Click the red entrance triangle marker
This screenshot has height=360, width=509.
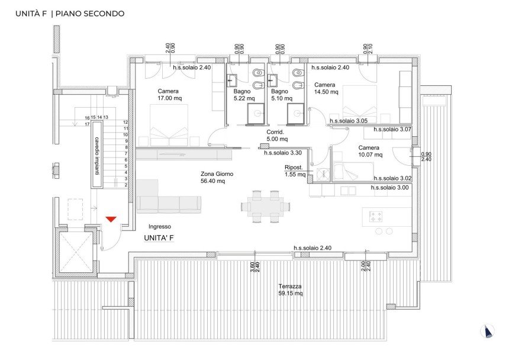(111, 220)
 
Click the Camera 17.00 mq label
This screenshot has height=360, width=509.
(169, 95)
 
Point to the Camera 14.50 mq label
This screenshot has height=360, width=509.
(326, 88)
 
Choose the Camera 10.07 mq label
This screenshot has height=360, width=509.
(369, 152)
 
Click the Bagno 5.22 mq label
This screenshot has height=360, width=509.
(243, 95)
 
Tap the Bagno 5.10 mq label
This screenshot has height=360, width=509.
(280, 95)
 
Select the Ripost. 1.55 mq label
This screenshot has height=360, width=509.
(294, 171)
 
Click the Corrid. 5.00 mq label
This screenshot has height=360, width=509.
(277, 136)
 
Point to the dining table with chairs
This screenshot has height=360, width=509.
(266, 206)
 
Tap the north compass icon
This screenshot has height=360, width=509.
(487, 332)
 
